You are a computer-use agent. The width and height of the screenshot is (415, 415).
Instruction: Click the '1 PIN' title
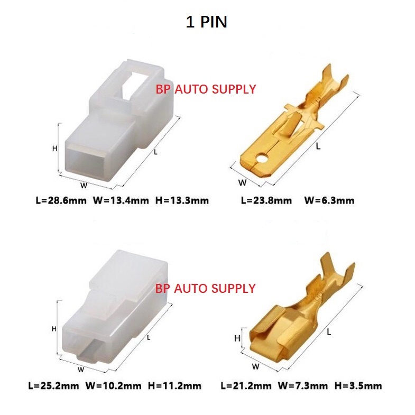pyautogui.click(x=206, y=23)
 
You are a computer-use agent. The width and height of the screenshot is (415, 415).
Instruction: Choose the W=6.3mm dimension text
pyautogui.click(x=329, y=200)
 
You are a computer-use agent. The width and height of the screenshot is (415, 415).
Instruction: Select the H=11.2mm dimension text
pyautogui.click(x=174, y=385)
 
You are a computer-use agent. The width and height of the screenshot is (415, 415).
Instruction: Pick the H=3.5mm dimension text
pyautogui.click(x=357, y=385)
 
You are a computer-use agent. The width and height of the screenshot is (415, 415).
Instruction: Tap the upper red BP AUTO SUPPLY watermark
pyautogui.click(x=206, y=89)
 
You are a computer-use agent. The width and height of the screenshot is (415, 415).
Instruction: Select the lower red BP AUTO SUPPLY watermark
pyautogui.click(x=206, y=288)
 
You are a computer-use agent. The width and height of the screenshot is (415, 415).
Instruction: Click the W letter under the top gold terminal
pyautogui.click(x=243, y=182)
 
